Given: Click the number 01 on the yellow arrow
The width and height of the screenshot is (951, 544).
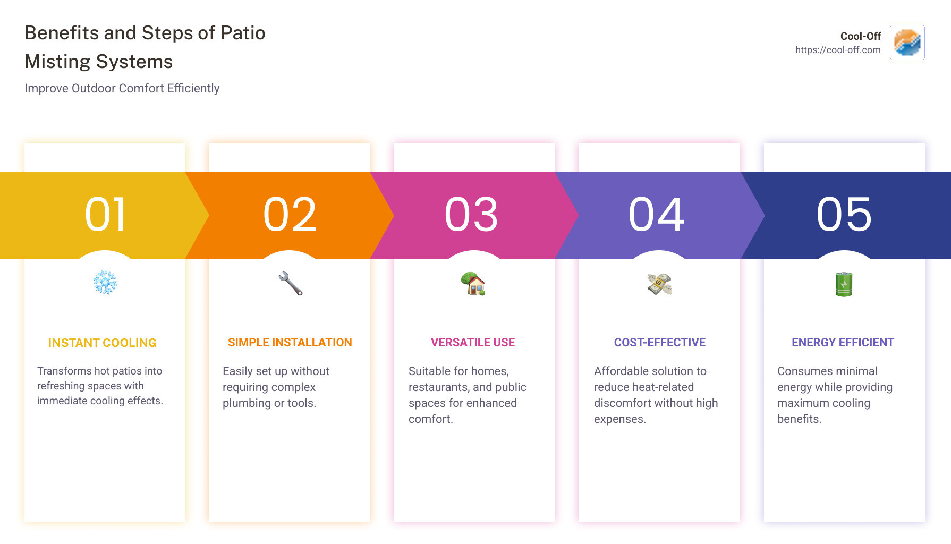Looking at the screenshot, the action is point(105,215).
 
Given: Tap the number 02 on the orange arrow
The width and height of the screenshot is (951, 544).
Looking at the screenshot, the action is point(290,215).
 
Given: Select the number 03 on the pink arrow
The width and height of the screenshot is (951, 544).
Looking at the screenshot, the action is point(472,215).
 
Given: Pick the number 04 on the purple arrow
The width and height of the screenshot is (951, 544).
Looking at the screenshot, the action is point(657,215).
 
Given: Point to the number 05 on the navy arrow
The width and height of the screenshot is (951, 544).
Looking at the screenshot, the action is point(844,215).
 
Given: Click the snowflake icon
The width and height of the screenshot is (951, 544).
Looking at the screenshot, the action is point(105,283).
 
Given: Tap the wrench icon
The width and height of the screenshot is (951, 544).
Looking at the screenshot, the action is point(290,283).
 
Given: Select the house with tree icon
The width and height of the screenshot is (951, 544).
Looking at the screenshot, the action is point(473,283).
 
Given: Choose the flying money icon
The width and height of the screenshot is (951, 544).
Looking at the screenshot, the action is point(659,284).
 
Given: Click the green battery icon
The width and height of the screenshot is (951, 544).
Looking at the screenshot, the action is point(844,284).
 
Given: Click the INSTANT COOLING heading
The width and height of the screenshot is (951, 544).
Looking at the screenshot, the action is point(103,343).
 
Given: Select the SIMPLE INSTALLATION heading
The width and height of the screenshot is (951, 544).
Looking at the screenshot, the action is point(290,343).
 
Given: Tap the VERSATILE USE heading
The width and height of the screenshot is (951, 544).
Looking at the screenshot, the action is point(473,343).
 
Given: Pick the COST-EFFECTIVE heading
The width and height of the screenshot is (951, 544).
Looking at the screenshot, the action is point(660,343).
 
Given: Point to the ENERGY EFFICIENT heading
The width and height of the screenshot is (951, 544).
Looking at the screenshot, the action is point(843,343).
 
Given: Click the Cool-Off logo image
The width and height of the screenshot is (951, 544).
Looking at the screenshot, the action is point(907,42).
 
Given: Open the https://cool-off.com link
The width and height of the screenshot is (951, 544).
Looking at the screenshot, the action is point(838,50).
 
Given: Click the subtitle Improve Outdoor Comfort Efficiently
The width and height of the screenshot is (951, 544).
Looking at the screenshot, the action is point(122,88).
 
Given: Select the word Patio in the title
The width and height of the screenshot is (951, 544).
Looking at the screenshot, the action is point(243,33).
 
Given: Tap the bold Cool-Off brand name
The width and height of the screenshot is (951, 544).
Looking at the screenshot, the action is point(861,36).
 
